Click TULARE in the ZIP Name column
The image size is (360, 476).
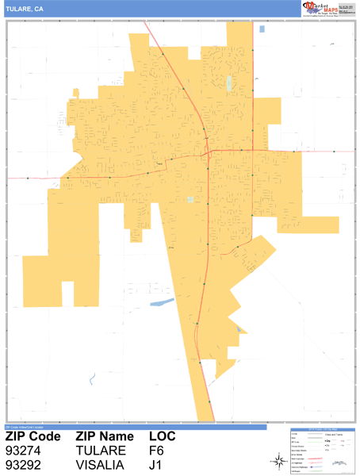click(x=101, y=451)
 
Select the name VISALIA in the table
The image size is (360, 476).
click(x=101, y=465)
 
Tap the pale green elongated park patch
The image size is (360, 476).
click(x=229, y=83)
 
